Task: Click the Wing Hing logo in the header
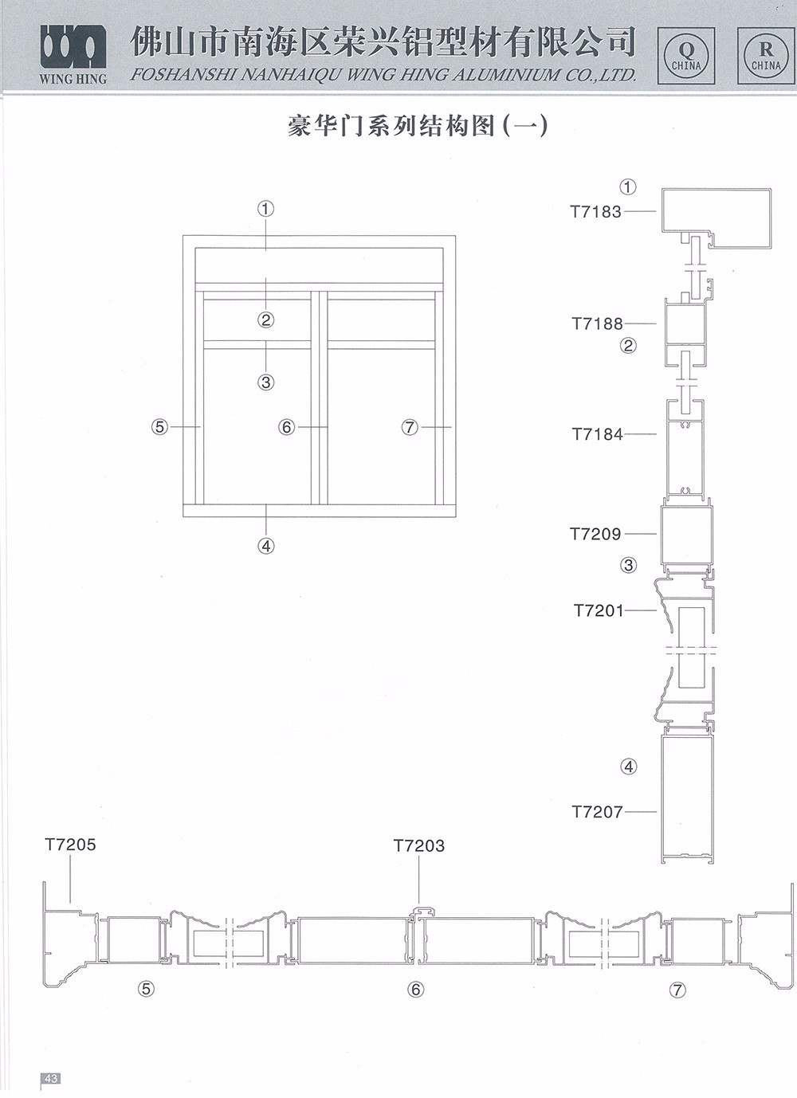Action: pos(73,54)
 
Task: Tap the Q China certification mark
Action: pos(686,56)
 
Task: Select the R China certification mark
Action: pos(766,56)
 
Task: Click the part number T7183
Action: pos(595,212)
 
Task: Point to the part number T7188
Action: pos(597,324)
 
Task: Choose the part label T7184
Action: pos(597,433)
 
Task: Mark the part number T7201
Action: pos(599,611)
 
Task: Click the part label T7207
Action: pos(597,812)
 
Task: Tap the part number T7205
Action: pos(71,845)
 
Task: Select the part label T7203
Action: pos(419,845)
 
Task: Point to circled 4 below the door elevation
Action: pos(266,546)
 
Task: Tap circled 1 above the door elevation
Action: pos(265,210)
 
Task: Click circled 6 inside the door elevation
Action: pos(287,427)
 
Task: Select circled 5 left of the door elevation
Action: pos(159,427)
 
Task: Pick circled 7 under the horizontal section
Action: pos(678,990)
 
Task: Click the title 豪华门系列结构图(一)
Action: pos(418,126)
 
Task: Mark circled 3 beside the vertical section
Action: pos(629,565)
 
